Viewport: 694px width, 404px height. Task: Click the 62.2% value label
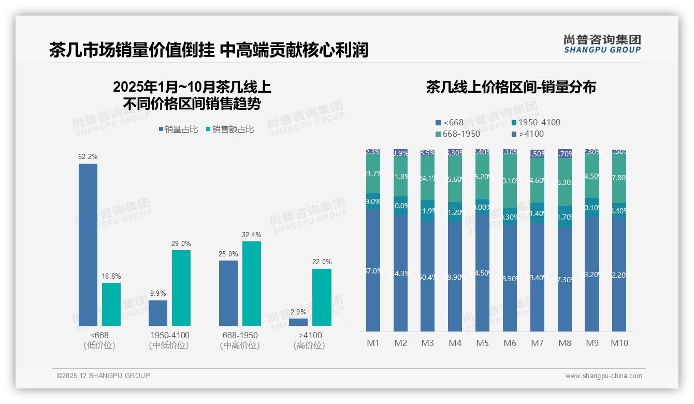[88, 156]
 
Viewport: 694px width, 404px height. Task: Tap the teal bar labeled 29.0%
[181, 288]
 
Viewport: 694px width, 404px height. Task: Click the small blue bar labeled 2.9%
[298, 322]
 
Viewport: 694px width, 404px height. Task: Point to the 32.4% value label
[252, 235]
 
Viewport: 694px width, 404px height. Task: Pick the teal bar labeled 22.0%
[322, 297]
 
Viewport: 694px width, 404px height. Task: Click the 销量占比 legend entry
[179, 129]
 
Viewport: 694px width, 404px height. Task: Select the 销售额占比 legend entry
[230, 129]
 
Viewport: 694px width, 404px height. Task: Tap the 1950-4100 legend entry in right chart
[536, 123]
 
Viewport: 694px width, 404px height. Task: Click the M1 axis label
[373, 343]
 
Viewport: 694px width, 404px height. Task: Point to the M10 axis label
[619, 343]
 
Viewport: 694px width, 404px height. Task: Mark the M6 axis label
[510, 343]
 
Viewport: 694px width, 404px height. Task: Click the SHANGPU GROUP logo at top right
[602, 44]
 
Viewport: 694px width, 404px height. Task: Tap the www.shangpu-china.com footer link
[603, 376]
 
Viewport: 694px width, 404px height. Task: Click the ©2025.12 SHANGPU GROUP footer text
[104, 376]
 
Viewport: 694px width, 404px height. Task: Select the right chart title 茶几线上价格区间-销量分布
[511, 87]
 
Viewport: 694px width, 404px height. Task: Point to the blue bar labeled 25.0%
[228, 293]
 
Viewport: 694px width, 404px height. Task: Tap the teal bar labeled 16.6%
[111, 304]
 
